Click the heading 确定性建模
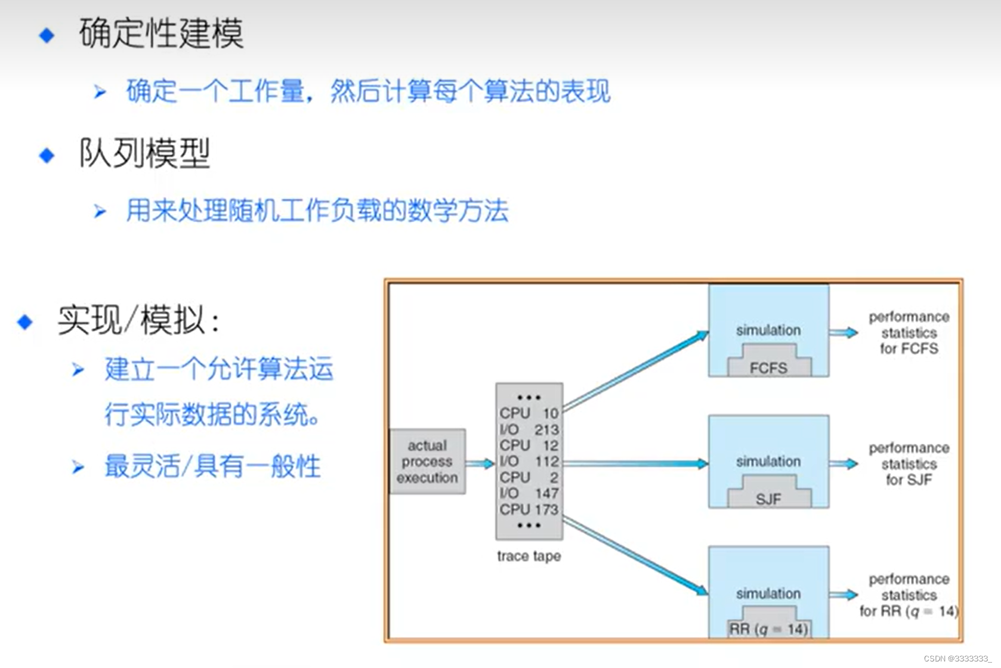click(x=161, y=33)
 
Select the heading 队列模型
click(x=144, y=153)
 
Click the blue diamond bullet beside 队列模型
click(x=47, y=156)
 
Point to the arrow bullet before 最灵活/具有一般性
click(x=78, y=467)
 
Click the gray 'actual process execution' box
click(x=427, y=462)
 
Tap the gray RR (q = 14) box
click(x=768, y=626)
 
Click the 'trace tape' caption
click(x=529, y=556)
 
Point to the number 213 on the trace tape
click(x=546, y=429)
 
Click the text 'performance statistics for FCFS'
click(x=909, y=333)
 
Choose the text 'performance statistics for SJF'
click(x=909, y=464)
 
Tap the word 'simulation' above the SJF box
click(x=768, y=461)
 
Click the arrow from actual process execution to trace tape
click(x=480, y=463)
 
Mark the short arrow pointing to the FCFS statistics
click(x=844, y=332)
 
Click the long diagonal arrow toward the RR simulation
click(x=635, y=557)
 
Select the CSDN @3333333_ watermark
click(x=957, y=658)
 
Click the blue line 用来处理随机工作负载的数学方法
click(x=317, y=211)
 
